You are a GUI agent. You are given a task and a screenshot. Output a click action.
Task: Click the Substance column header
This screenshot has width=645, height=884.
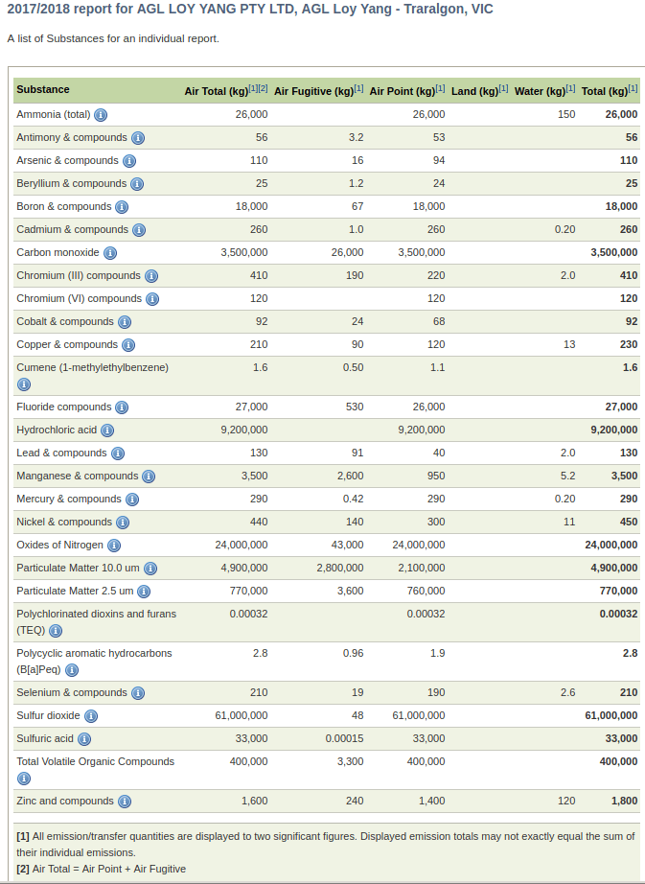click(x=43, y=90)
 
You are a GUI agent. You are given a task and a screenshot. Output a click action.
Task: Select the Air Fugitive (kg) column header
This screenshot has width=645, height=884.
click(x=313, y=91)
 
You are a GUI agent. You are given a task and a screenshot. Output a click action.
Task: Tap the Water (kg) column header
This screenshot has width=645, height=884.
click(x=540, y=91)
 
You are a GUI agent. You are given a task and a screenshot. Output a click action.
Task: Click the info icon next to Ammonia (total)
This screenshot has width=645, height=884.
click(x=101, y=115)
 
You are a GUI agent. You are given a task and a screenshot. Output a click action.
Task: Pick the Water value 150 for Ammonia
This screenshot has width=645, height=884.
click(x=566, y=114)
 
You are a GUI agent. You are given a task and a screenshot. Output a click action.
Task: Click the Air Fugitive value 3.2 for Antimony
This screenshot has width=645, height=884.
click(x=356, y=137)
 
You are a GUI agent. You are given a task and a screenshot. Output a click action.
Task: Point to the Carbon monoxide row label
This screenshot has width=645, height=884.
click(x=58, y=252)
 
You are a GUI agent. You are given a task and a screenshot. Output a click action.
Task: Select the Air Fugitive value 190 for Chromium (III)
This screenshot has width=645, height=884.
click(x=355, y=275)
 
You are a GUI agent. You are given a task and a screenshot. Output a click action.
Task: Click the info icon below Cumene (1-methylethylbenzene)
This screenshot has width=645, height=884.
click(x=24, y=384)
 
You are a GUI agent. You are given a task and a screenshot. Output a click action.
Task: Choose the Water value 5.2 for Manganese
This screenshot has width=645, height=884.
click(x=567, y=476)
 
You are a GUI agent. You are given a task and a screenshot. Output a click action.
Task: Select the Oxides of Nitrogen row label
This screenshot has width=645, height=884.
click(x=59, y=545)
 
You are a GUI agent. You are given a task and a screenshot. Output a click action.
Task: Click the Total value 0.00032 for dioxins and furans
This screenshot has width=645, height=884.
click(x=618, y=614)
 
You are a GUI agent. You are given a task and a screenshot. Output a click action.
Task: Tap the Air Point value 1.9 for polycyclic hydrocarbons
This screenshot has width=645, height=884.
click(x=437, y=653)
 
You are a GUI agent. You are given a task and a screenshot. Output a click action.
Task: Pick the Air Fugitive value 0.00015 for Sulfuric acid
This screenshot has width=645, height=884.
click(x=344, y=738)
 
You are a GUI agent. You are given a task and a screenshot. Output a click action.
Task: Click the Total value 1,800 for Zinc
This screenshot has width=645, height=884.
click(x=624, y=801)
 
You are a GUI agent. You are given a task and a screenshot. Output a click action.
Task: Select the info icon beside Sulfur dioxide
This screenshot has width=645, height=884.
click(x=91, y=716)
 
